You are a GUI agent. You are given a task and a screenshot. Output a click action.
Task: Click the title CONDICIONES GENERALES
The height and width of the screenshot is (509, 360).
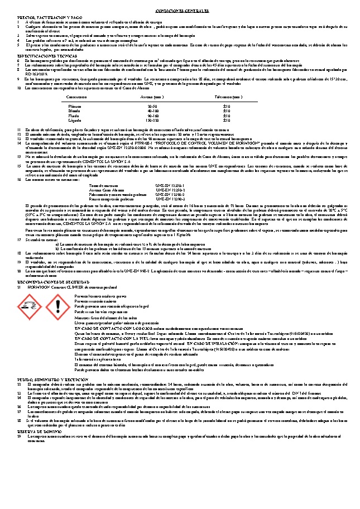coord(180,11)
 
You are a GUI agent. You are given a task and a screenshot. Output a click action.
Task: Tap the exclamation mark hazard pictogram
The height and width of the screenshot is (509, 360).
coord(55,305)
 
